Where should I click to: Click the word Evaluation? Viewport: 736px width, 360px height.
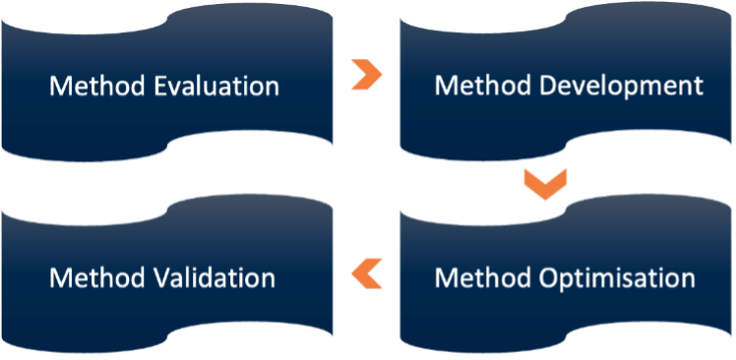[x=217, y=87]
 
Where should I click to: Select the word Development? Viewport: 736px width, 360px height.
[x=622, y=87]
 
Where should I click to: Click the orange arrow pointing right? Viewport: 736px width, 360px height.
[x=366, y=76]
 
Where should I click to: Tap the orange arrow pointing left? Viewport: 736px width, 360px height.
[x=367, y=272]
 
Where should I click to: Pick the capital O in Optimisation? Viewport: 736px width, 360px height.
[x=551, y=278]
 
